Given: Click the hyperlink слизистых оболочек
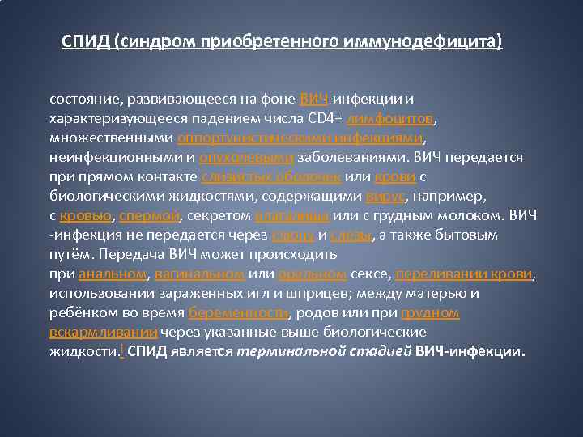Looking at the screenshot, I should [273, 176].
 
